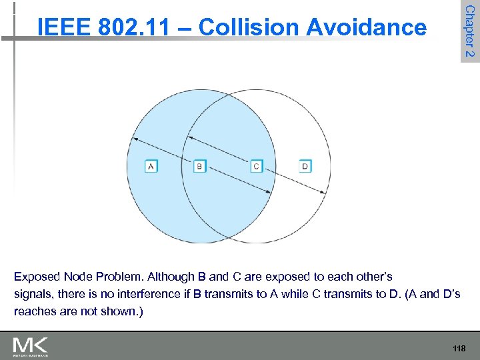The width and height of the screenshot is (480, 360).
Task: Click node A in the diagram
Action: tap(151, 166)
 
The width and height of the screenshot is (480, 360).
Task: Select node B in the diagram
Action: tap(200, 166)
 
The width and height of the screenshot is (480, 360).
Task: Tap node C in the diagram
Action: tap(257, 166)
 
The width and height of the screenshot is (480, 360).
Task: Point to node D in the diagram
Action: tap(305, 166)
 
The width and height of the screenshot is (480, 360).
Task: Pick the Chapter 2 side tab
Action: tap(469, 31)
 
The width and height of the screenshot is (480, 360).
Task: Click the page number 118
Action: tap(459, 349)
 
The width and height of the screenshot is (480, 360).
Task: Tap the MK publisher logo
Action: tap(30, 346)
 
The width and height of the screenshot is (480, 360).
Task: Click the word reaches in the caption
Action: tap(35, 311)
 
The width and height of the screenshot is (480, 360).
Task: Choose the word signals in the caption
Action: tap(33, 294)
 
